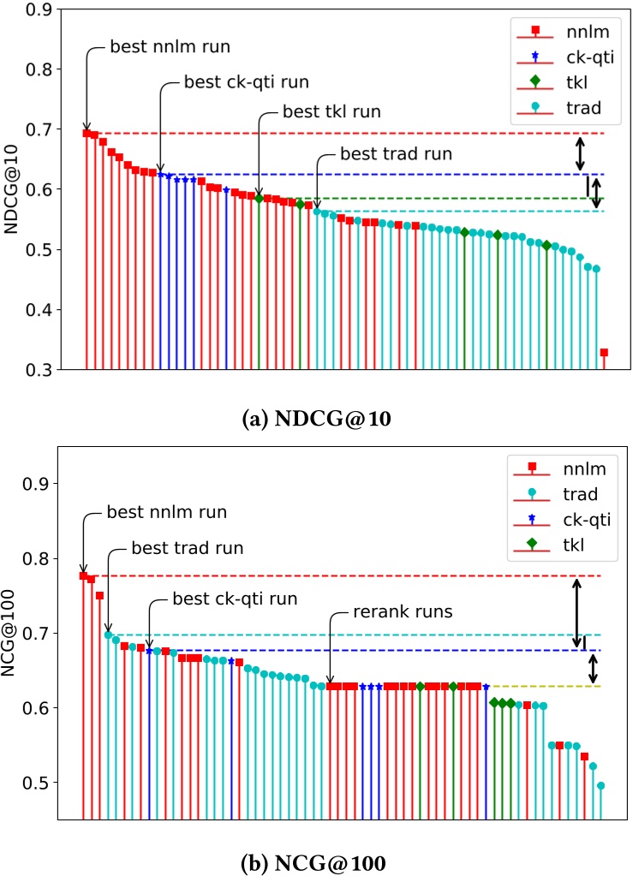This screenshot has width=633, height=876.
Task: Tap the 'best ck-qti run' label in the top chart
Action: pyautogui.click(x=247, y=83)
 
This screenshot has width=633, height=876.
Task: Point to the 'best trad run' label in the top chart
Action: pyautogui.click(x=395, y=155)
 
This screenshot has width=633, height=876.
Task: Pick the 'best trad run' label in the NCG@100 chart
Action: pyautogui.click(x=188, y=547)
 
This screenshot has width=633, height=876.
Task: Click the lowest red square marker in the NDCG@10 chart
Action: pyautogui.click(x=604, y=353)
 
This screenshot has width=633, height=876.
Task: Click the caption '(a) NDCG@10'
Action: pyautogui.click(x=316, y=421)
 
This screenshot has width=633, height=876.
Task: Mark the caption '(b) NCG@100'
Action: pyautogui.click(x=316, y=860)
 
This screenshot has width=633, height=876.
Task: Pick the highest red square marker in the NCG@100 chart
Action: pyautogui.click(x=83, y=575)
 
